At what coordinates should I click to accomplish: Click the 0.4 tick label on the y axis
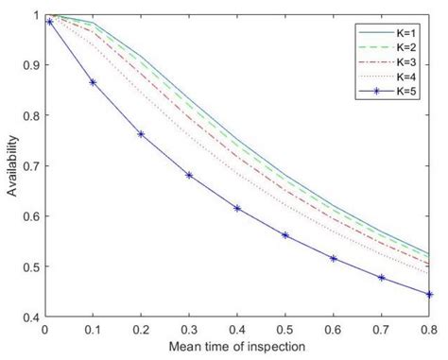(28, 318)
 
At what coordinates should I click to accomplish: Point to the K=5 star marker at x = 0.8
(429, 294)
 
